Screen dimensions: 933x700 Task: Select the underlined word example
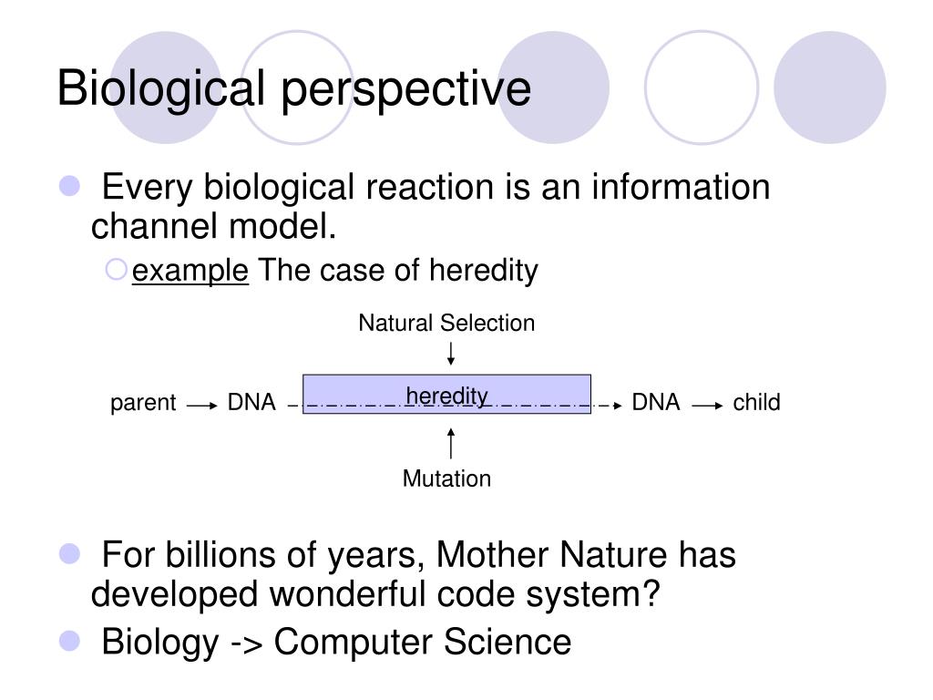point(190,272)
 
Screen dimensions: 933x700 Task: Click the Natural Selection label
point(446,324)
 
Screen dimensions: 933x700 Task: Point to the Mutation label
point(446,479)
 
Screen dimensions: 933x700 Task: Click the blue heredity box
point(446,394)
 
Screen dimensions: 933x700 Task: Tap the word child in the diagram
point(756,402)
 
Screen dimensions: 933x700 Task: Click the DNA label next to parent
point(251,402)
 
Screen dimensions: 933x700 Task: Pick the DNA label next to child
point(656,402)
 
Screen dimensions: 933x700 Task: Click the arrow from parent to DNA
point(202,406)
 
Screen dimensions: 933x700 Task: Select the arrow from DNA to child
point(708,406)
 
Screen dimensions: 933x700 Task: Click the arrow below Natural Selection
point(451,354)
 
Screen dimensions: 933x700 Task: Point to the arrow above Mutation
point(451,444)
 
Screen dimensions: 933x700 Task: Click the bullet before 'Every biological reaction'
point(69,186)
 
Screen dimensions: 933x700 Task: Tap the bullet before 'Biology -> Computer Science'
point(69,641)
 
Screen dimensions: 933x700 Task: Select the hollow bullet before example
point(116,270)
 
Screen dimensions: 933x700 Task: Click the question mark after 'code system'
point(651,592)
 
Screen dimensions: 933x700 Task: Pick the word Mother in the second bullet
point(492,555)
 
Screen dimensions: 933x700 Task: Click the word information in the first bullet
point(681,187)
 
